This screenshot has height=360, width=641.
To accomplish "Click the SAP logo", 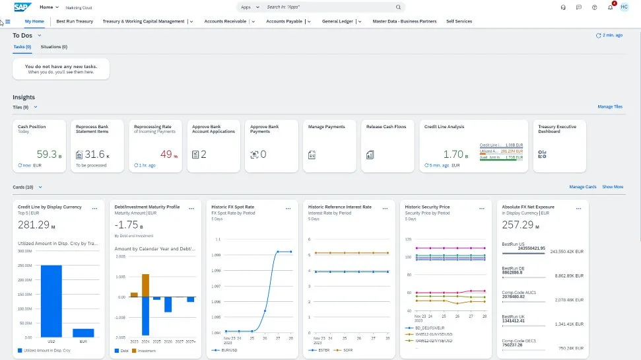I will pos(23,7).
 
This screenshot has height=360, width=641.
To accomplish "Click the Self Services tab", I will pos(459,21).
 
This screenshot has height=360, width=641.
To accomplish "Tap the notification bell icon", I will pos(611,7).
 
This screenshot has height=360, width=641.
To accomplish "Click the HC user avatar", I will pos(624,7).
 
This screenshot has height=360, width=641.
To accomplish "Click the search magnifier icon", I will pos(399,7).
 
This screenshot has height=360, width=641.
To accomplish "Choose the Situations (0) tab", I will pos(54,47).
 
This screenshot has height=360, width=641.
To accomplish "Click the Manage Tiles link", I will pos(609,106).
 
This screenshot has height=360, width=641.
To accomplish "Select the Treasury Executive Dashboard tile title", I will pos(557,129).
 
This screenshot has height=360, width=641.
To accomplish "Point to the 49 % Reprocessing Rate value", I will pos(166,154).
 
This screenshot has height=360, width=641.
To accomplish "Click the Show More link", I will pos(613,187).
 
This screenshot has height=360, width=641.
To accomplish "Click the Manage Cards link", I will pos(583,187).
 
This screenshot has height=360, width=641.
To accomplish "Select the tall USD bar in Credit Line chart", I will pos(51,301).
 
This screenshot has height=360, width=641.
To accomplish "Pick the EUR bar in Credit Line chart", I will pos(83,333).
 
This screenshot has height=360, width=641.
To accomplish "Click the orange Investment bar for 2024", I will pos(145,285).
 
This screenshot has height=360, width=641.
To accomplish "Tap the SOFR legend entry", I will pos(347,350).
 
